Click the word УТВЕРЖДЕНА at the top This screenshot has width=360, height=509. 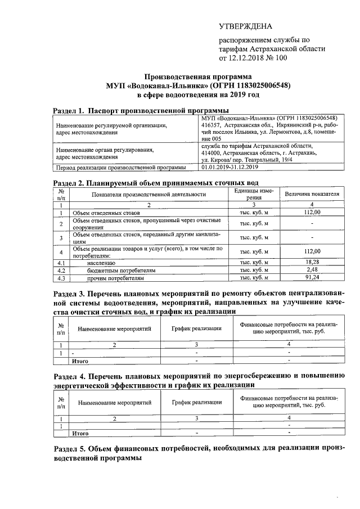pos(245,26)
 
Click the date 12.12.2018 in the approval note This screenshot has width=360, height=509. pos(250,57)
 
